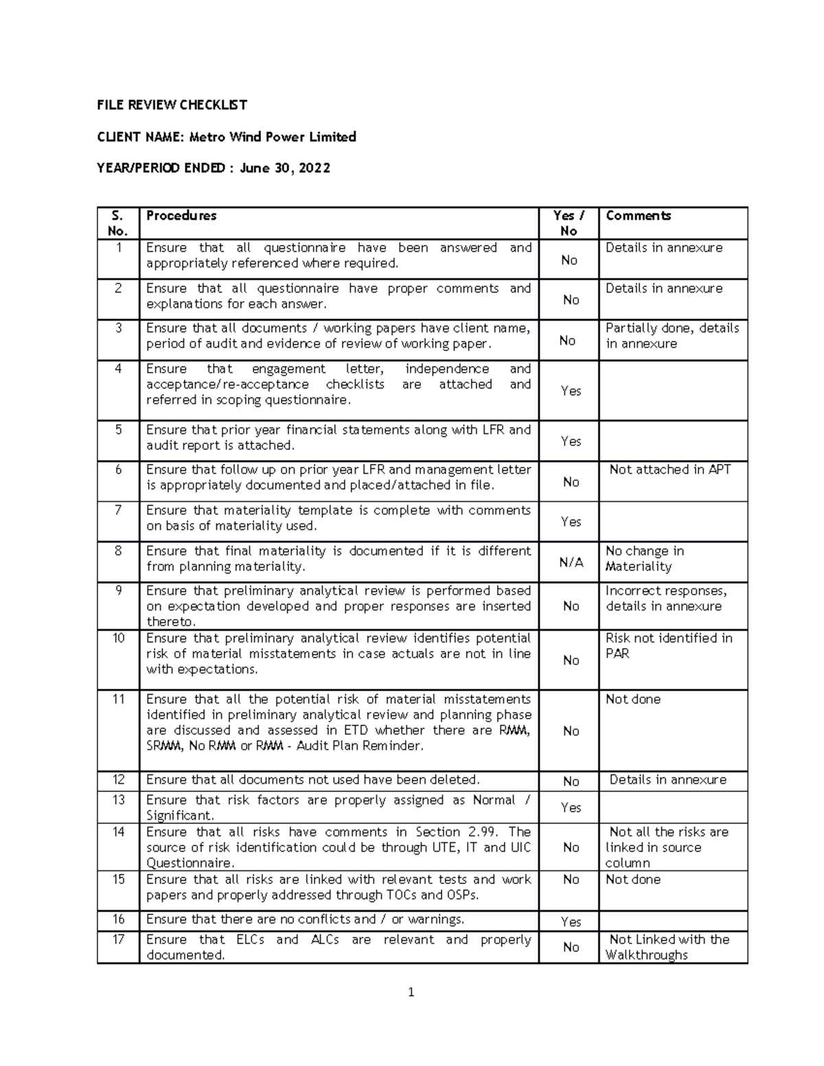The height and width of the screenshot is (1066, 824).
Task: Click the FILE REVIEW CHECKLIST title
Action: click(172, 105)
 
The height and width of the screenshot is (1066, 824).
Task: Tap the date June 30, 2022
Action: click(284, 168)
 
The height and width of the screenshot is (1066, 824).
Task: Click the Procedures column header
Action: click(181, 216)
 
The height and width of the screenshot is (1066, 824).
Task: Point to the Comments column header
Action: click(638, 216)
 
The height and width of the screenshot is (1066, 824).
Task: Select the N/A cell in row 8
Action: click(571, 562)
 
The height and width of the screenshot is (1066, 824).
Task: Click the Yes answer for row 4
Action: click(571, 391)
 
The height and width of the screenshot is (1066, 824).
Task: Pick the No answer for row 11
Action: click(571, 731)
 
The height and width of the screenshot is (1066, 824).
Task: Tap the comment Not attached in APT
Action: click(669, 470)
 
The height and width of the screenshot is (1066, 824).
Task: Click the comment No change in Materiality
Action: click(644, 559)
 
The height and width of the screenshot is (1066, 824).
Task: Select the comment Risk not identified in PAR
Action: click(668, 646)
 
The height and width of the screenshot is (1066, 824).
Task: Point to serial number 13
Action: click(118, 800)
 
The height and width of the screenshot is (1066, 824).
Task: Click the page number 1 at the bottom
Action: click(411, 992)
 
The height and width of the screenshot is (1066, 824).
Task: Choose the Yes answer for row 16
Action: click(571, 922)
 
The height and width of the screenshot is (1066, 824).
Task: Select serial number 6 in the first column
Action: click(118, 470)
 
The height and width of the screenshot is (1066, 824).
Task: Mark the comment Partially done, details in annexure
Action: click(672, 336)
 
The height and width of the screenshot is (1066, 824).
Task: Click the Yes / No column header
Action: click(569, 223)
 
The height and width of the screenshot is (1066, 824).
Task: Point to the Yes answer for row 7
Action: click(571, 522)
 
